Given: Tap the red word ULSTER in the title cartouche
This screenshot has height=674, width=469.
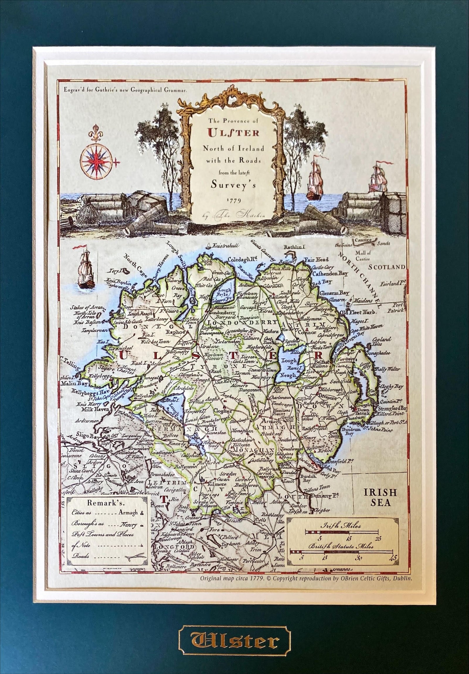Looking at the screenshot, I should coord(233,133).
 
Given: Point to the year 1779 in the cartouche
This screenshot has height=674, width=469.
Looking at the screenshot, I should coord(234,201).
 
